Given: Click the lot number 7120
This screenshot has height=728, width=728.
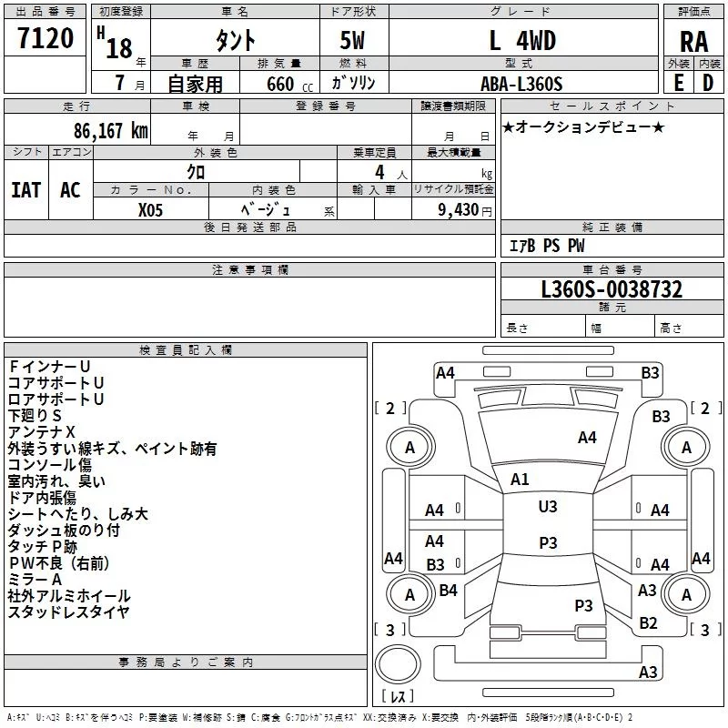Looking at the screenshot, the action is point(45,37).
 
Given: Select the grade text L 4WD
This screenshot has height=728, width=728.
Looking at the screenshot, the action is point(522,40).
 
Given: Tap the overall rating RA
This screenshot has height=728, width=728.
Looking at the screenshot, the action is point(693,42).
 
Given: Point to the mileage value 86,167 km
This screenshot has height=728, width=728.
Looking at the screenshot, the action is point(110,131).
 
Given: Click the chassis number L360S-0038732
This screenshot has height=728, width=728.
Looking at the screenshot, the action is point(612,289).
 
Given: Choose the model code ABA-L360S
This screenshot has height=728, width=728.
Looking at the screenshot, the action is point(521,84).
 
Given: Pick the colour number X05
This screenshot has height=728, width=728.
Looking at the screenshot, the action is point(150,210).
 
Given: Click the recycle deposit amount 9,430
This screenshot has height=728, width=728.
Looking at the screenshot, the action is point(458,210).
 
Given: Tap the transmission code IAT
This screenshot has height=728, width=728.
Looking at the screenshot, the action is point(26,190).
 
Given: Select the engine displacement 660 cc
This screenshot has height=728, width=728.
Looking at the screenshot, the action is point(289,84).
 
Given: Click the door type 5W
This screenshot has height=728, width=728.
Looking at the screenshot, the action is point(352,40).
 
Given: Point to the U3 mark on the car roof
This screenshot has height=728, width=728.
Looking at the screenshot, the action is point(548,507).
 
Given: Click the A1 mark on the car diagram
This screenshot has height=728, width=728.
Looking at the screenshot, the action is point(520,480).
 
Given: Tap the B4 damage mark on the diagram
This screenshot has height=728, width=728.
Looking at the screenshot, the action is point(448,590).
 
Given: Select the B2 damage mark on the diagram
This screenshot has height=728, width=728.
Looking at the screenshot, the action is point(648,623).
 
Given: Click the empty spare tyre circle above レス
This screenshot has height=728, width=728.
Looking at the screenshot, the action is point(398,663).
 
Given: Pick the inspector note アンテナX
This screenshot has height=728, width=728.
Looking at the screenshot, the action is point(41,432).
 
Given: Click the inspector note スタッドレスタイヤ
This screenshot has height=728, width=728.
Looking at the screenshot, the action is point(68,612).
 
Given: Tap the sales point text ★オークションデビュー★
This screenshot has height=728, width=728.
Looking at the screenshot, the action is point(583,126).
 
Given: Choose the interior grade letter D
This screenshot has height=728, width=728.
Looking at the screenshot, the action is point(708,83).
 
